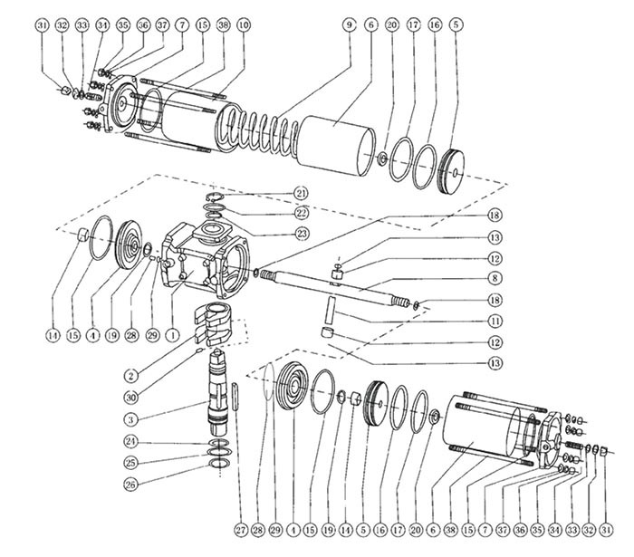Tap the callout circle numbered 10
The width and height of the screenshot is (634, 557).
coord(244,24)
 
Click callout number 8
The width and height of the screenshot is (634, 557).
coord(496,278)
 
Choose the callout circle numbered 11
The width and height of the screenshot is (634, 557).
coord(496,321)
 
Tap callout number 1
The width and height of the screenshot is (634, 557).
coord(168,335)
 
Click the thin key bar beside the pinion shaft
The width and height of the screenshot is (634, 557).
coord(237,399)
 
